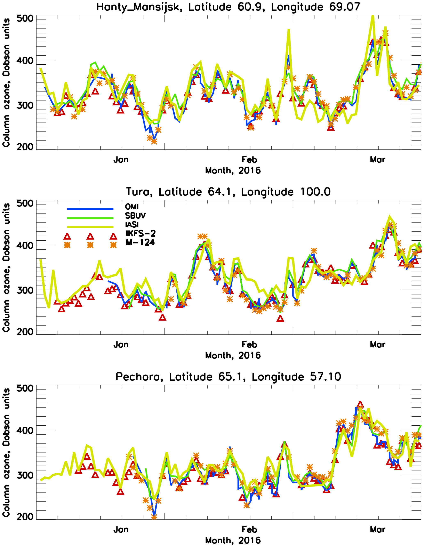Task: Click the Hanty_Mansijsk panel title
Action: pyautogui.click(x=228, y=7)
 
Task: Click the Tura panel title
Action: pyautogui.click(x=228, y=192)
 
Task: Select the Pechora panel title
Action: pyautogui.click(x=228, y=377)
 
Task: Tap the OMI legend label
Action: pyautogui.click(x=132, y=207)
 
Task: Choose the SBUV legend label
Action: pyautogui.click(x=135, y=216)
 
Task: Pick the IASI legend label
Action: pyautogui.click(x=132, y=224)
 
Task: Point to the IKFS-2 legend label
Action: pyautogui.click(x=141, y=233)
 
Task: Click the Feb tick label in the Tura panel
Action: pyautogui.click(x=249, y=345)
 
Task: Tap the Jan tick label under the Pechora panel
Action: pyautogui.click(x=121, y=530)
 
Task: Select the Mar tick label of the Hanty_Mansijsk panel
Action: pyautogui.click(x=377, y=160)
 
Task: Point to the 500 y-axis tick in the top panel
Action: pyautogui.click(x=25, y=18)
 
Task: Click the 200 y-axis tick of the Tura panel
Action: pyautogui.click(x=25, y=332)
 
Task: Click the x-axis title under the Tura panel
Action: pyautogui.click(x=233, y=356)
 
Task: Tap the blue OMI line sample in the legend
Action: pyautogui.click(x=90, y=209)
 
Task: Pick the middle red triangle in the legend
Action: pyautogui.click(x=90, y=236)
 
